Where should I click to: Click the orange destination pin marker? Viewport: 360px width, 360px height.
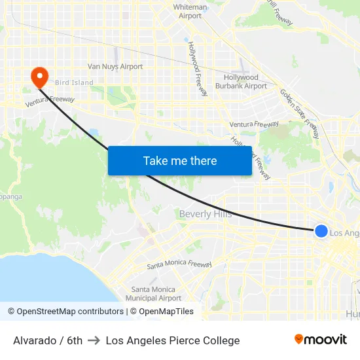click(x=39, y=77)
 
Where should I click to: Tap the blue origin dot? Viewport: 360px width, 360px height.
click(x=321, y=231)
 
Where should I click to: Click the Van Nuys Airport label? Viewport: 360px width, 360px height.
click(x=115, y=67)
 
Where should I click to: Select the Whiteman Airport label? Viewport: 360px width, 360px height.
click(x=190, y=12)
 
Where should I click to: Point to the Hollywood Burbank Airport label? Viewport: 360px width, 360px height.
click(x=241, y=82)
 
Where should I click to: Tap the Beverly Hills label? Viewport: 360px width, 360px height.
click(x=205, y=214)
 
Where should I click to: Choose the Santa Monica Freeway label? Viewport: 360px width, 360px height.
click(x=179, y=265)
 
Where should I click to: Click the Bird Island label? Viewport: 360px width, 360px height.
click(x=74, y=83)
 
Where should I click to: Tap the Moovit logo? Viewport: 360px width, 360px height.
click(x=321, y=340)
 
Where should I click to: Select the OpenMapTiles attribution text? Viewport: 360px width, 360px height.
click(x=166, y=312)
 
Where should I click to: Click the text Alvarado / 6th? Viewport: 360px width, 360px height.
click(x=48, y=340)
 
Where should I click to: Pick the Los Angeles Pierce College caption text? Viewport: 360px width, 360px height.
click(x=173, y=340)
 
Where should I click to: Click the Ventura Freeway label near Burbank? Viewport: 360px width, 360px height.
click(x=254, y=124)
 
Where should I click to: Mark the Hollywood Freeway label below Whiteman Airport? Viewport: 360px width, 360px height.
click(x=198, y=69)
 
